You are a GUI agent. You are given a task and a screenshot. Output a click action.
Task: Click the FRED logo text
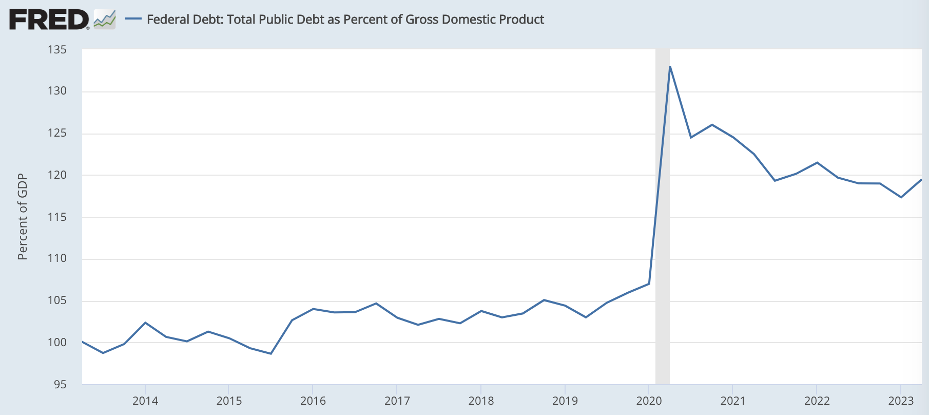tap(49, 20)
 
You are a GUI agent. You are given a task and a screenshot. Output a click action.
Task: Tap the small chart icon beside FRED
tap(105, 20)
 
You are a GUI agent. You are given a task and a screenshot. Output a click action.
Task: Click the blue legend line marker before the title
tap(133, 19)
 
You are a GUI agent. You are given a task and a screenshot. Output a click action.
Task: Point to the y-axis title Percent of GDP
tap(22, 217)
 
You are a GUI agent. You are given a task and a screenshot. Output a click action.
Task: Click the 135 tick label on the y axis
tap(57, 50)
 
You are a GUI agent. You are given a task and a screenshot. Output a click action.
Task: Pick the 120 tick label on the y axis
tap(57, 175)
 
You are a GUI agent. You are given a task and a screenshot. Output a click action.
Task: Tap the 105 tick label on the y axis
tap(57, 300)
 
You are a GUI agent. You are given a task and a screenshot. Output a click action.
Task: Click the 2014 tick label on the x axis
tap(145, 401)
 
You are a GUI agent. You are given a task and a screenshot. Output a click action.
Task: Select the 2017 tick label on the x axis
tap(397, 401)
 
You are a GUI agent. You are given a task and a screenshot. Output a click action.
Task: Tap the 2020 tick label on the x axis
tap(649, 401)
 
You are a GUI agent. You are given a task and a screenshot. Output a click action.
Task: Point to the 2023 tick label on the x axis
tap(901, 401)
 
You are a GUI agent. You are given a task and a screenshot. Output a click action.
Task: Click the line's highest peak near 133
tap(670, 67)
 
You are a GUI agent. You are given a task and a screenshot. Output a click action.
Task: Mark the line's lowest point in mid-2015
tap(271, 353)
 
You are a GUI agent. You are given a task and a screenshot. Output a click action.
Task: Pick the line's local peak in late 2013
tap(145, 323)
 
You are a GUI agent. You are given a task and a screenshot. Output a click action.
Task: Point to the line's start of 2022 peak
tap(817, 162)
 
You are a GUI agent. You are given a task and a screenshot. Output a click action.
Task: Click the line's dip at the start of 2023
tap(901, 197)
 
